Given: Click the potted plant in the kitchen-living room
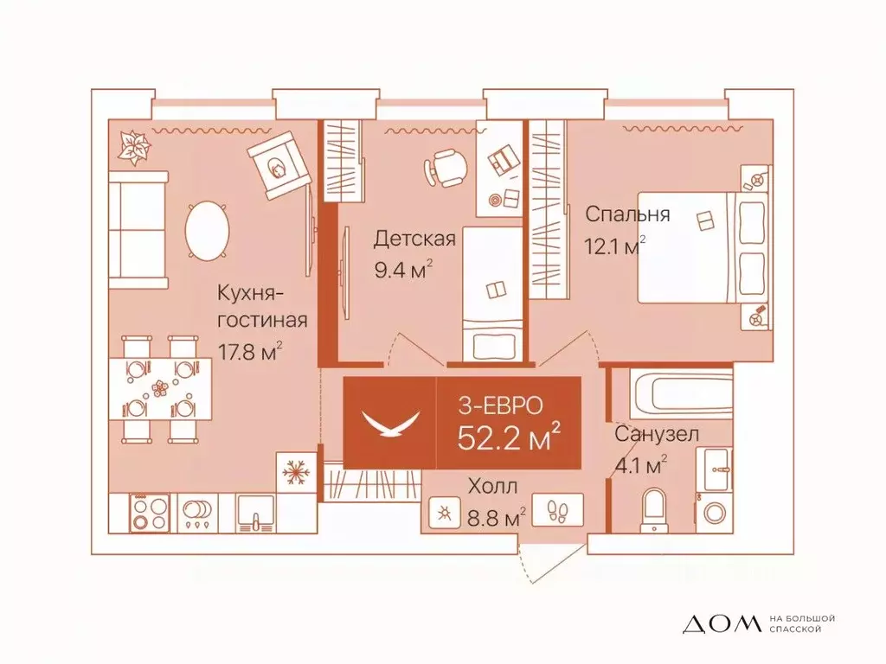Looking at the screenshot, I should (x=134, y=147).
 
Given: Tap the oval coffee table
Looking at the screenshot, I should (x=208, y=231).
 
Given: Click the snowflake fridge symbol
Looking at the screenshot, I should (x=296, y=473).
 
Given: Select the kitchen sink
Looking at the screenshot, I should (x=254, y=514).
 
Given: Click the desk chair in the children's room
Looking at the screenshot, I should (x=446, y=167).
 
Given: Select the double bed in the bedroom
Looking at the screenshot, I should (x=703, y=248).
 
